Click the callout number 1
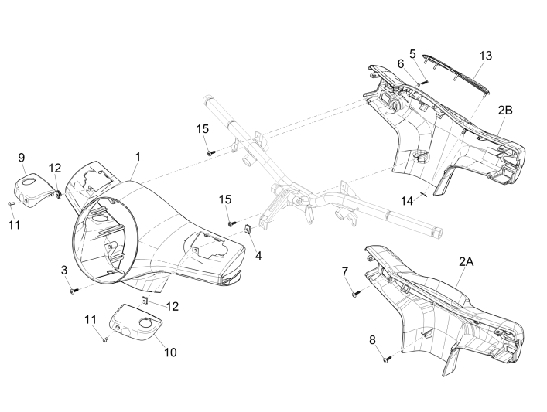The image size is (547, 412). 137,156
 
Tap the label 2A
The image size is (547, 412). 466,262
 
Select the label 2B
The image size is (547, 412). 504,111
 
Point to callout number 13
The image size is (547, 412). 485,56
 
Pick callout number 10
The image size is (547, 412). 170,352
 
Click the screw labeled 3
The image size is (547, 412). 72,291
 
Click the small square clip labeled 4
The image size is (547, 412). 246,229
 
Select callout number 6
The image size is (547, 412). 401,63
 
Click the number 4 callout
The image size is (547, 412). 258,254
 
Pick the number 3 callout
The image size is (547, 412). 66,269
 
